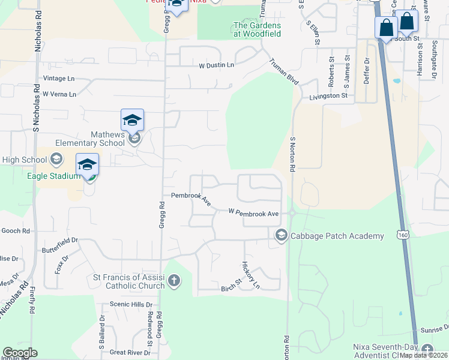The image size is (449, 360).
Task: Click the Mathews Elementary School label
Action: click(91, 139)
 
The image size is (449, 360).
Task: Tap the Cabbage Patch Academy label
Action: click(337, 236)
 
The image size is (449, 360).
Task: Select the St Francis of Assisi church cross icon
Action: click(174, 280)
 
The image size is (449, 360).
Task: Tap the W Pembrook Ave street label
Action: click(253, 213)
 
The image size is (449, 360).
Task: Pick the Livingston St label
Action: click(329, 96)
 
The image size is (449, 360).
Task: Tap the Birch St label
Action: click(231, 282)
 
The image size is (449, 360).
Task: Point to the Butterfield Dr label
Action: click(60, 244)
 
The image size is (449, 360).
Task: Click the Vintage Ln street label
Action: click(59, 79)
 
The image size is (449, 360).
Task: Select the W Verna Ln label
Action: click(59, 94)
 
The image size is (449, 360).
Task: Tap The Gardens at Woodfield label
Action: click(257, 29)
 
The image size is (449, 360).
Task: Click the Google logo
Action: click(20, 353)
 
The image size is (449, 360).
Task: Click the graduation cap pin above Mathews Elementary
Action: click(132, 120)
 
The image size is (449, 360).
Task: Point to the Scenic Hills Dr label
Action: click(125, 305)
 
